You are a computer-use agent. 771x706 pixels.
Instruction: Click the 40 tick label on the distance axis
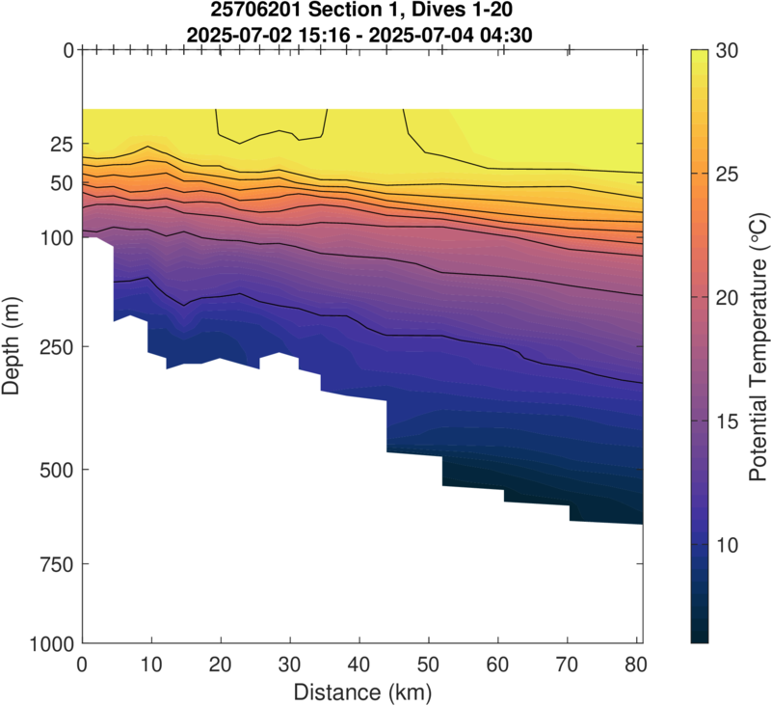click(x=359, y=665)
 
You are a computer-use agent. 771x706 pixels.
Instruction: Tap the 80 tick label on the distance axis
click(x=636, y=665)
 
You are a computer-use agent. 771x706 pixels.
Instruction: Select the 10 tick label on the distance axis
click(x=151, y=665)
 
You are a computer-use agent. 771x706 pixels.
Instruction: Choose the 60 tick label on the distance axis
click(x=498, y=665)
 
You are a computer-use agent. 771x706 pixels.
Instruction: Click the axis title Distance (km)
click(x=361, y=691)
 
